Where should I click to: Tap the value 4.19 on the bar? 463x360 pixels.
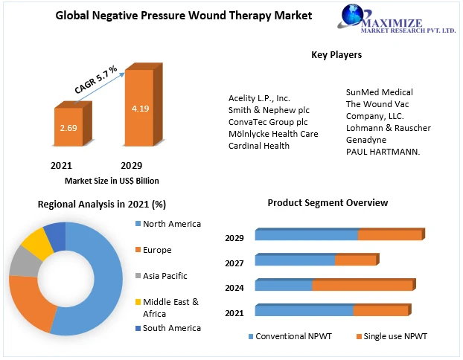click(x=140, y=109)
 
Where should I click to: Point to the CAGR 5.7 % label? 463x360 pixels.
click(x=96, y=80)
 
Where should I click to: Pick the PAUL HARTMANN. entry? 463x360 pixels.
click(x=383, y=152)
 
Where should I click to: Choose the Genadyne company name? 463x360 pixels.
click(x=367, y=140)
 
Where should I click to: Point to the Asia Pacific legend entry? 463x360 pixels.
click(x=166, y=275)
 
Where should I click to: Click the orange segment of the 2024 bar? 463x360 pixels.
click(x=363, y=285)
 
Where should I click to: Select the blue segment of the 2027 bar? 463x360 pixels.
click(x=295, y=260)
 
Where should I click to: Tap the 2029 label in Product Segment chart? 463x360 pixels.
click(x=234, y=238)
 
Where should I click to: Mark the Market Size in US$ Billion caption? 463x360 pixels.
click(x=112, y=181)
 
